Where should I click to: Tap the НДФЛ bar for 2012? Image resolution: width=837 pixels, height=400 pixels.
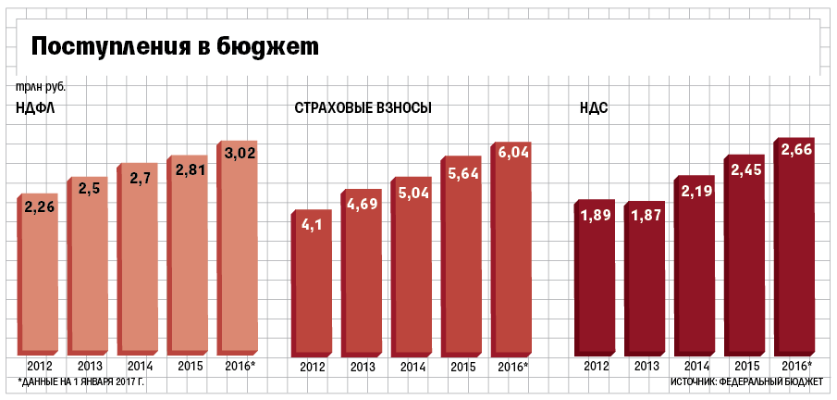[x=40, y=278]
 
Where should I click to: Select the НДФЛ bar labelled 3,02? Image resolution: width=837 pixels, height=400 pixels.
[x=237, y=259]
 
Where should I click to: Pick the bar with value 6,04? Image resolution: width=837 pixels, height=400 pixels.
[x=511, y=259]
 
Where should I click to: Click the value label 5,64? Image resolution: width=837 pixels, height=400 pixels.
[x=462, y=174]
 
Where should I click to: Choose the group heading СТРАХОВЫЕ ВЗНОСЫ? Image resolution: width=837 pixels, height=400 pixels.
[x=363, y=108]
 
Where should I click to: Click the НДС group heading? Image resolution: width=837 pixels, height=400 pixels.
[x=592, y=108]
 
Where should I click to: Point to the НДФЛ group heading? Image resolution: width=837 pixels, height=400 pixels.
[x=37, y=108]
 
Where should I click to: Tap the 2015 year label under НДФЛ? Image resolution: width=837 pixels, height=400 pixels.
[x=190, y=366]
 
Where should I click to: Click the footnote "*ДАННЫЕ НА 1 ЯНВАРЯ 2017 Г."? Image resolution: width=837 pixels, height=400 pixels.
[x=81, y=381]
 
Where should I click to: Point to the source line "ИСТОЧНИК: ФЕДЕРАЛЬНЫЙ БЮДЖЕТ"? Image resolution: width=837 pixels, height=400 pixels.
[x=748, y=381]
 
